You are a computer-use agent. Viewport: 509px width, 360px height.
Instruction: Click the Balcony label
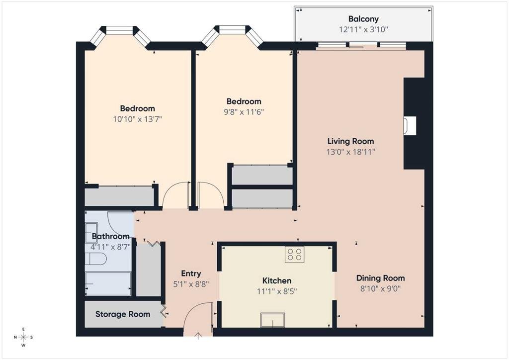click(x=363, y=19)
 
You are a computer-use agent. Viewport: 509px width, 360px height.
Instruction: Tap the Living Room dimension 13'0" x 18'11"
click(x=350, y=152)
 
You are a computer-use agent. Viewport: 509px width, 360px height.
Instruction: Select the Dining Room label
click(x=380, y=278)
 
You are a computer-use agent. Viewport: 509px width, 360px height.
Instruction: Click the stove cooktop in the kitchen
click(x=294, y=254)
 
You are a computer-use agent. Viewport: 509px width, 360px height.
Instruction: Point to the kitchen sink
click(x=273, y=320)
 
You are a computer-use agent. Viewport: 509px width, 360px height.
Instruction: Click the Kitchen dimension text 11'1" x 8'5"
click(x=277, y=291)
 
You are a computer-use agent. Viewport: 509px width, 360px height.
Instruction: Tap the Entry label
click(x=191, y=273)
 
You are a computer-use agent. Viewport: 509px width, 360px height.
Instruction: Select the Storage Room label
click(x=123, y=314)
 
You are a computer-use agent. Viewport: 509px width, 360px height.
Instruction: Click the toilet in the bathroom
click(x=96, y=260)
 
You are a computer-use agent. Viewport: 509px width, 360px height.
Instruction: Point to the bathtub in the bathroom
click(x=108, y=284)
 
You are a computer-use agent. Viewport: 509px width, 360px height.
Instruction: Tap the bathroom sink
click(x=91, y=233)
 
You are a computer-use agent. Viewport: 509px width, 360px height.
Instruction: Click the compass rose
click(x=23, y=337)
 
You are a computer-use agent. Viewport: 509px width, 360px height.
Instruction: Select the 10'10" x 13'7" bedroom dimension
click(x=137, y=119)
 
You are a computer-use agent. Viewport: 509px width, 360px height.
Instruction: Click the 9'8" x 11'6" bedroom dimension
click(x=244, y=112)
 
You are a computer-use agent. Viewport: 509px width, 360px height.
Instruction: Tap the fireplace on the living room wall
click(x=410, y=125)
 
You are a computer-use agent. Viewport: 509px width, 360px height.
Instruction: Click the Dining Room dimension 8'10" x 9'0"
click(x=380, y=288)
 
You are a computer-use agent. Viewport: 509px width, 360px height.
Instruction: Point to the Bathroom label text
click(x=111, y=236)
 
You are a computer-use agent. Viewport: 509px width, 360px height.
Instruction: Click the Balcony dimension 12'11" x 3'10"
click(x=363, y=29)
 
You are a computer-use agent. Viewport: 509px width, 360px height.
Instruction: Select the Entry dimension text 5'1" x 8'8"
click(x=191, y=284)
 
